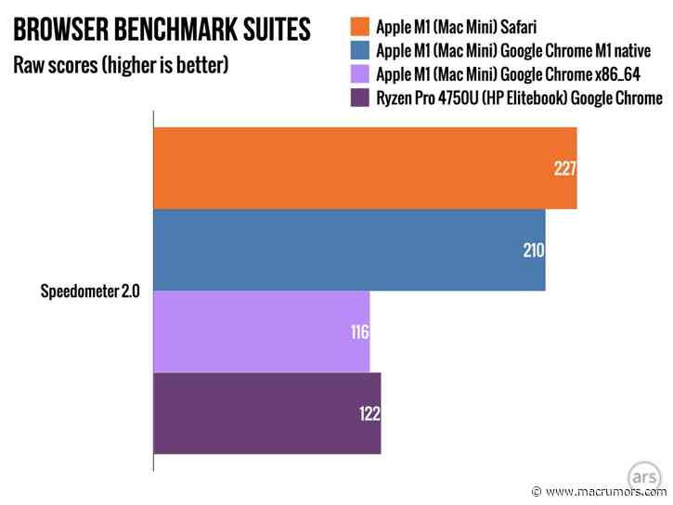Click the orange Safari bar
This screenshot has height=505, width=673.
tap(364, 168)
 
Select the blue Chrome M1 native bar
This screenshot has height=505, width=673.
tap(348, 250)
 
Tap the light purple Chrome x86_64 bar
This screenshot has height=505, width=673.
tap(261, 331)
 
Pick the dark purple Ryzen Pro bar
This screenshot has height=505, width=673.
tap(266, 413)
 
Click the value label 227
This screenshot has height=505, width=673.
tap(564, 169)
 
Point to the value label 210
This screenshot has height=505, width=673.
tap(532, 251)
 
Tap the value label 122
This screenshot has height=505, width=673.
tap(369, 414)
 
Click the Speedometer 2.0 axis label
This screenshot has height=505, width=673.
tap(90, 291)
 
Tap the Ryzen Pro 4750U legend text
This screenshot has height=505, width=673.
tap(519, 97)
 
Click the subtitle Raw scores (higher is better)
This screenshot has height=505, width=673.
tap(120, 67)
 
